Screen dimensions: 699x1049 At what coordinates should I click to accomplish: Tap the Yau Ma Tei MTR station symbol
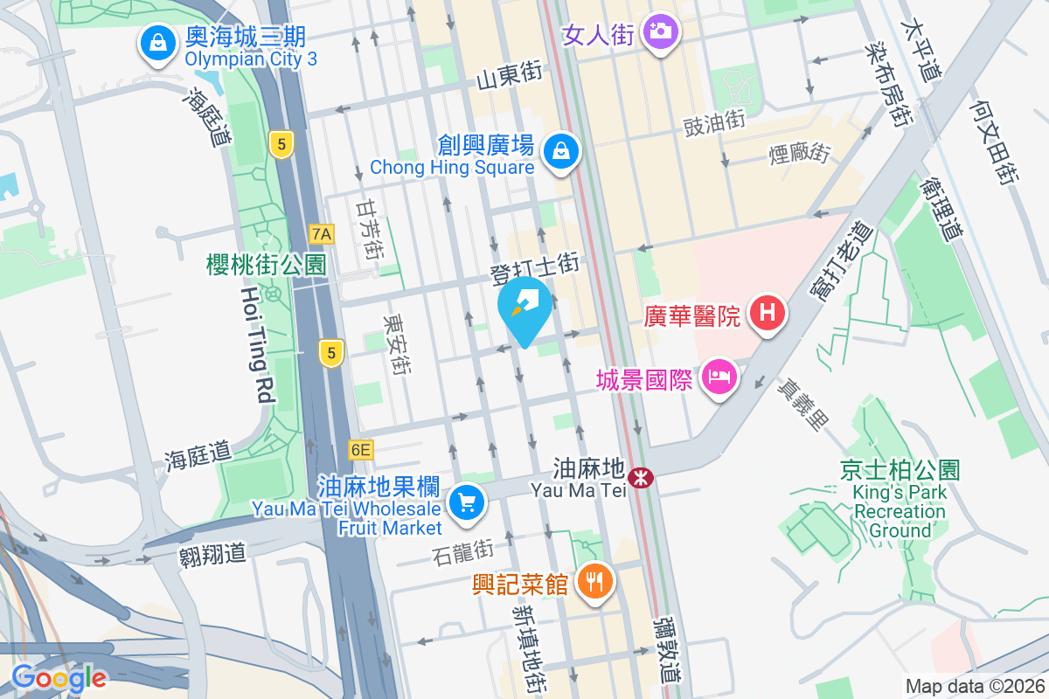643,477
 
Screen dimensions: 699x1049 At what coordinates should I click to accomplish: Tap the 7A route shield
322,233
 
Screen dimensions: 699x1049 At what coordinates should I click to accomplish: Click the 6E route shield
360,450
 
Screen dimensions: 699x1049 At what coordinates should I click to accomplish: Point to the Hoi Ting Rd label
254,344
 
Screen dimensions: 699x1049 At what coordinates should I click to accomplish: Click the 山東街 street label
510,78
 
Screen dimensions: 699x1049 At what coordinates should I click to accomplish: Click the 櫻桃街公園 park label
266,265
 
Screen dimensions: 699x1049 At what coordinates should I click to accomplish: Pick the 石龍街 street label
463,551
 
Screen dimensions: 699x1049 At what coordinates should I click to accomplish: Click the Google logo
59,677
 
